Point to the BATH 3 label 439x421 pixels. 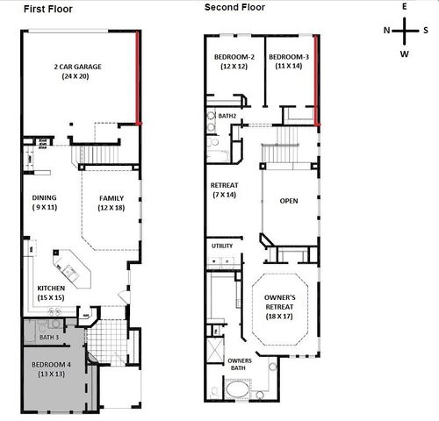[49, 338]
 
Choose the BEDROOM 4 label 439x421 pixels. [53, 367]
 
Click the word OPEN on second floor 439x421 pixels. [289, 201]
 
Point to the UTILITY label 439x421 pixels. [223, 246]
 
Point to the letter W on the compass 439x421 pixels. [405, 54]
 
